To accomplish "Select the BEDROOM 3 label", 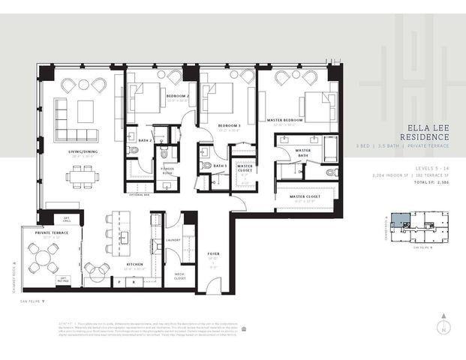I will tap(228, 124).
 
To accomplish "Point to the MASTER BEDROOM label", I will tap(284, 120).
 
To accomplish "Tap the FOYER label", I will tap(213, 253).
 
